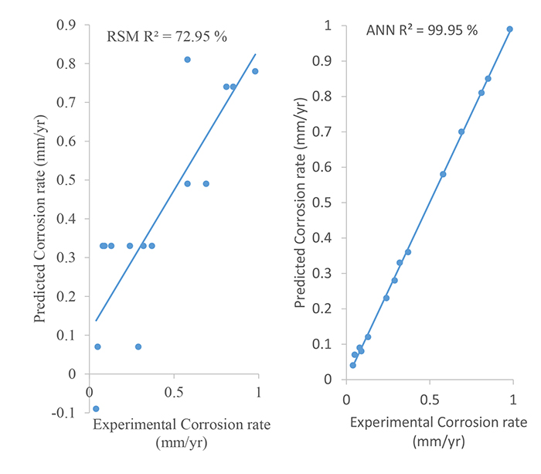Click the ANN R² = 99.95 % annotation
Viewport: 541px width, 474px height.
pyautogui.click(x=421, y=31)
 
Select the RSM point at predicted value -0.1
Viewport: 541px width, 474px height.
pyautogui.click(x=96, y=409)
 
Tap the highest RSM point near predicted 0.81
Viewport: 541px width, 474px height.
pyautogui.click(x=187, y=60)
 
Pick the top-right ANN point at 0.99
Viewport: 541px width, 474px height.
pyautogui.click(x=510, y=29)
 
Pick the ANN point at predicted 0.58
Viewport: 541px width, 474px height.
pyautogui.click(x=443, y=174)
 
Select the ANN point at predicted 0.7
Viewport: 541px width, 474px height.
pyautogui.click(x=461, y=131)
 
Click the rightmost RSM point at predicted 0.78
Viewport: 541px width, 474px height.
pyautogui.click(x=255, y=71)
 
